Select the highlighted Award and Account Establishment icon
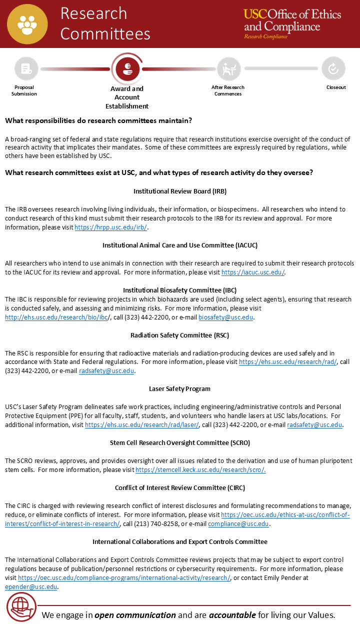[126, 69]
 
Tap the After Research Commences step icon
[228, 69]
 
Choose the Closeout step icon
[333, 69]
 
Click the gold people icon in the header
[27, 24]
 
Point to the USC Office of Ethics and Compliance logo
[292, 23]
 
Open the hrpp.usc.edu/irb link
[111, 227]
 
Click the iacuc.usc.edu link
[253, 272]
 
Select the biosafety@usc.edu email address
[226, 317]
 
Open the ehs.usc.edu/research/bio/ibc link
[57, 317]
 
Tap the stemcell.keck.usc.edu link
[200, 470]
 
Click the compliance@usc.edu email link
[238, 524]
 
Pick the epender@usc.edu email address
[31, 587]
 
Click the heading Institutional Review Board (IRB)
[180, 191]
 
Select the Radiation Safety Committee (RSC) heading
[180, 335]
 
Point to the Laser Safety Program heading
[180, 389]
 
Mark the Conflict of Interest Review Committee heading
[180, 488]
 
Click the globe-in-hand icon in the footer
[21, 607]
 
